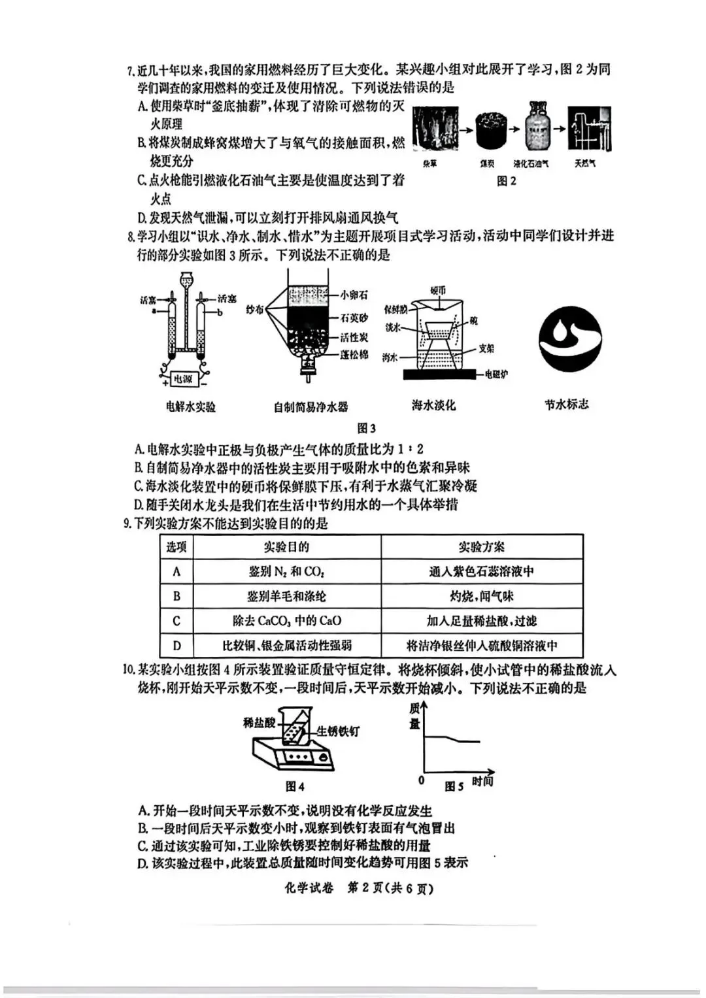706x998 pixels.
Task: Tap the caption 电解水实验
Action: (x=190, y=407)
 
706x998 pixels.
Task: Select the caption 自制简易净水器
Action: (x=311, y=407)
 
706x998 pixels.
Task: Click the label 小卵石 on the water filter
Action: (x=354, y=295)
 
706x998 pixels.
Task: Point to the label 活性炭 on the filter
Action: (x=354, y=337)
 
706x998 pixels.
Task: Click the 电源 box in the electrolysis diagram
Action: (x=183, y=378)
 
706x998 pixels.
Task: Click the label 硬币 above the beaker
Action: (x=438, y=290)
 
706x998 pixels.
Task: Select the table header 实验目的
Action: (x=286, y=547)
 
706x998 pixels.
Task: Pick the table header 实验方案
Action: (x=481, y=547)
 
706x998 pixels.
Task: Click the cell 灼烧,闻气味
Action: (x=481, y=596)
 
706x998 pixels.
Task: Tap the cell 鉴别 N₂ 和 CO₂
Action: (x=286, y=572)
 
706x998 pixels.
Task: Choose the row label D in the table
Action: (x=176, y=646)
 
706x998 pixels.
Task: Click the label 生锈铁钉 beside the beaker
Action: (x=338, y=731)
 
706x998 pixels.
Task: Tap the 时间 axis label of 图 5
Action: (x=482, y=782)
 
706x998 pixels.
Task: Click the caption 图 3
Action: (x=366, y=428)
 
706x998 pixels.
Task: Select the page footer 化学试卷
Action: (x=309, y=888)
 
